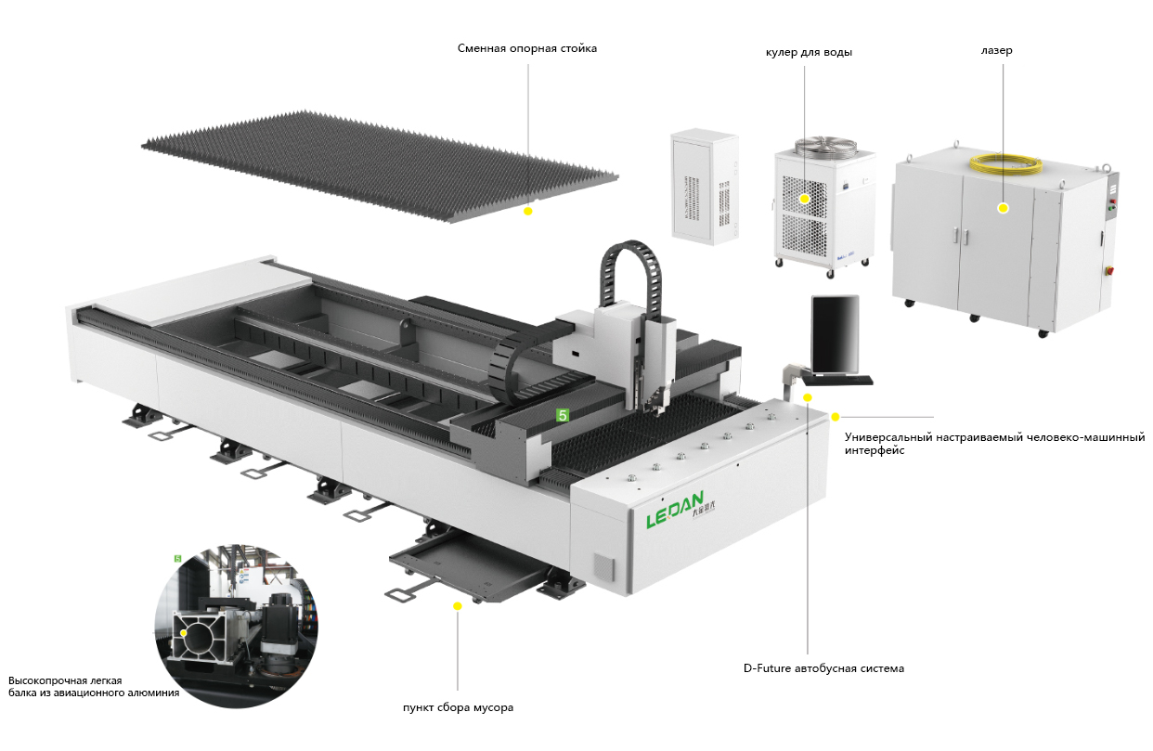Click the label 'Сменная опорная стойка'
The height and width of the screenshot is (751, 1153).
click(x=526, y=48)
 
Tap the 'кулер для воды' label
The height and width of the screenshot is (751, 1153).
click(x=809, y=52)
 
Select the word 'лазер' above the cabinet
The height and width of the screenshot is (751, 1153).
click(x=997, y=50)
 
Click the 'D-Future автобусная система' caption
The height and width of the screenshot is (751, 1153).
click(x=823, y=668)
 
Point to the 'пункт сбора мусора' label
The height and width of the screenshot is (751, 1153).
click(x=458, y=708)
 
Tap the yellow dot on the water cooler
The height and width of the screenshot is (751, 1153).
click(x=805, y=198)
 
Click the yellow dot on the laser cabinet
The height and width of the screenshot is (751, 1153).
click(x=1003, y=208)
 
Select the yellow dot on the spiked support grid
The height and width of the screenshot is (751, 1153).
click(x=527, y=212)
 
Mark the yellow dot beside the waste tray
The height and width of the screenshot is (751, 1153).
click(x=457, y=605)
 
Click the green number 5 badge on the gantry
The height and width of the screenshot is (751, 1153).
click(x=562, y=416)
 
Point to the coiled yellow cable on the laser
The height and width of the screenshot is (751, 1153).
click(x=1006, y=163)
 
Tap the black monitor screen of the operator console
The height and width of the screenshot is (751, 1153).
click(x=835, y=333)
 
